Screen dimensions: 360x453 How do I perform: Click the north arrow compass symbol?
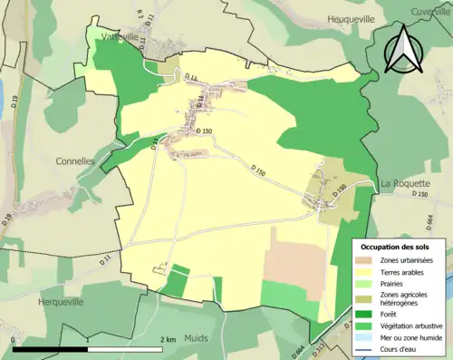[405, 50]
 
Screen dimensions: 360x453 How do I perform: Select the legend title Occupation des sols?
[395, 247]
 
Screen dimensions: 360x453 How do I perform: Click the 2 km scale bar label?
[167, 339]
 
